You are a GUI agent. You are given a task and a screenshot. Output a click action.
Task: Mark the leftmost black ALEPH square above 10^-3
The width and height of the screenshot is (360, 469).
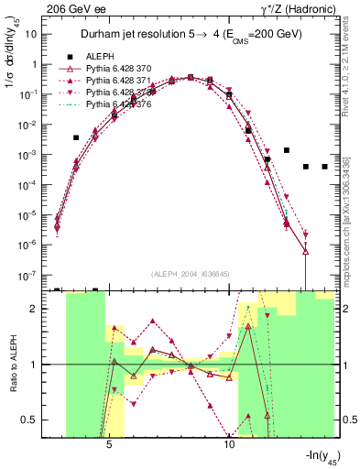(x=76, y=137)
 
